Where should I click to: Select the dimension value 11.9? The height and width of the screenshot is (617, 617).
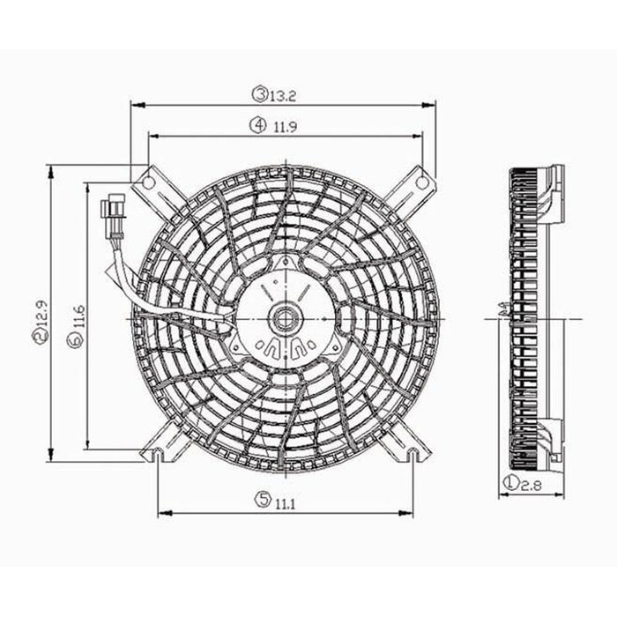284,126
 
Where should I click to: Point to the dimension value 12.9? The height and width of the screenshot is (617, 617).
39,320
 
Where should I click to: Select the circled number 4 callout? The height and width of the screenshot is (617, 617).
258,126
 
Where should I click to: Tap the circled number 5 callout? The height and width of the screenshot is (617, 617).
262,501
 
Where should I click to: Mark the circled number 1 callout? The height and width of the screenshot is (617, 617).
510,482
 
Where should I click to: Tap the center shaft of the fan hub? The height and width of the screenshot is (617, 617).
286,314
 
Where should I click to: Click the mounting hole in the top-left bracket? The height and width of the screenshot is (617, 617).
148,182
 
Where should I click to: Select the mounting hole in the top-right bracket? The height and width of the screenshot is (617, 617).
422,182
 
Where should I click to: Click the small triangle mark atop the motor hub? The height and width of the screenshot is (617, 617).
284,264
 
